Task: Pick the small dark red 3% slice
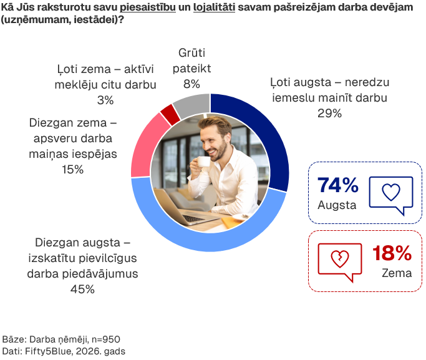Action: (170, 114)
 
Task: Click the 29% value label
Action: (329, 114)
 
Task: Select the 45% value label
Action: (82, 289)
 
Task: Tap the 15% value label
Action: (72, 170)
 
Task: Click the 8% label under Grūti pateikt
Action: (191, 84)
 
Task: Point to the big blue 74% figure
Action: (337, 185)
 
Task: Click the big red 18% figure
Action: (392, 253)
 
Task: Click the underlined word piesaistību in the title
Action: (148, 7)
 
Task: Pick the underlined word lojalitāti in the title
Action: (214, 7)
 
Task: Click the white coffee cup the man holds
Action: (203, 162)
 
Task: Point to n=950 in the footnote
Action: (105, 339)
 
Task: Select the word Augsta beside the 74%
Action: (337, 205)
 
